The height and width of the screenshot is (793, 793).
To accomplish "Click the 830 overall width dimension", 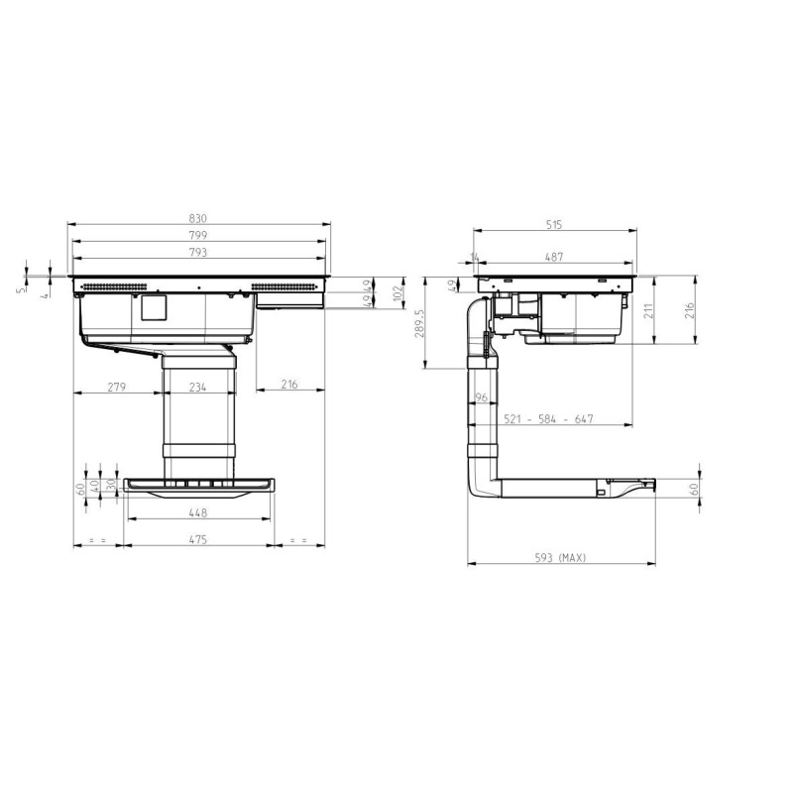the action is pyautogui.click(x=197, y=218).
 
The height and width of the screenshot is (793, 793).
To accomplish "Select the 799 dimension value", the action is pyautogui.click(x=197, y=235).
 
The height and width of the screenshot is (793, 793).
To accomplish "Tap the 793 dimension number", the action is pyautogui.click(x=197, y=252).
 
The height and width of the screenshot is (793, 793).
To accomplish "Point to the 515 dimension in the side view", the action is pyautogui.click(x=554, y=225).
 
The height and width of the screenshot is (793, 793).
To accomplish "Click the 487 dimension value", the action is pyautogui.click(x=554, y=257).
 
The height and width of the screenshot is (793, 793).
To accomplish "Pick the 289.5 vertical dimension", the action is pyautogui.click(x=419, y=323).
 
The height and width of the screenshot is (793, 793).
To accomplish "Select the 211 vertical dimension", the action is pyautogui.click(x=649, y=310).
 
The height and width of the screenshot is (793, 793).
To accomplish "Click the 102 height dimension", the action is pyautogui.click(x=398, y=293).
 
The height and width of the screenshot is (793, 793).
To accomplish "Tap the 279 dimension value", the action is pyautogui.click(x=116, y=387).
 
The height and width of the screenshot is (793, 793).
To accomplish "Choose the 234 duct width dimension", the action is pyautogui.click(x=197, y=387).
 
